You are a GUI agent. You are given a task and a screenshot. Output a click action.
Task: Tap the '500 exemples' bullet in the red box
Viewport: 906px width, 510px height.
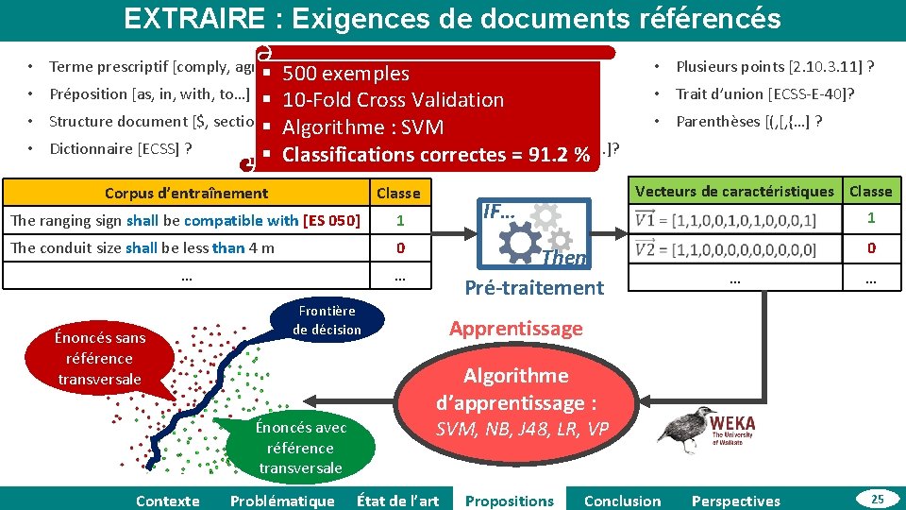tap(345, 74)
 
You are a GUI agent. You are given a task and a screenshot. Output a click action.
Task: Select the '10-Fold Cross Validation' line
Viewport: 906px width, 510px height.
tap(393, 100)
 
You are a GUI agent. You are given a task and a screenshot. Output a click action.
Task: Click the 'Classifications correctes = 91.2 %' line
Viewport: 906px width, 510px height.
tap(436, 154)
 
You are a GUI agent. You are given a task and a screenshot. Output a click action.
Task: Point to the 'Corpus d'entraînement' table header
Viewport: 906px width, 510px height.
tap(186, 194)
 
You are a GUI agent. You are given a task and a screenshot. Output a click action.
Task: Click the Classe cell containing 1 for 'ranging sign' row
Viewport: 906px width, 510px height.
tap(399, 221)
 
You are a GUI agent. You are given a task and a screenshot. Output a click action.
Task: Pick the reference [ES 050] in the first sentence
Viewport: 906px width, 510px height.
tap(331, 221)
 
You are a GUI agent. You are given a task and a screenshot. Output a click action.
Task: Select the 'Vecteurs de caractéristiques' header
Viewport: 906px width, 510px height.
tap(734, 192)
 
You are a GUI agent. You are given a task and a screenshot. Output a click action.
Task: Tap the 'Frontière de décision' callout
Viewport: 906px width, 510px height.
tap(327, 320)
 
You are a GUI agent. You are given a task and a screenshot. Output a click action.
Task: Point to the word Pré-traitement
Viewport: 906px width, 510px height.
tap(534, 288)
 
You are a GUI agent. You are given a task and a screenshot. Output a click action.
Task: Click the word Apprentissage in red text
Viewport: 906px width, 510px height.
tap(515, 329)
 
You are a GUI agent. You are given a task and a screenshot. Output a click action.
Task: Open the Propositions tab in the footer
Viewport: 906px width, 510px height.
tap(510, 501)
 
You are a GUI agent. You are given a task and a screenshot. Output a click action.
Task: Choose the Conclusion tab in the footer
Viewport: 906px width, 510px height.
tap(622, 501)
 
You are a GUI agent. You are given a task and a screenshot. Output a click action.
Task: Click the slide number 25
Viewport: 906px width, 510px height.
tap(877, 498)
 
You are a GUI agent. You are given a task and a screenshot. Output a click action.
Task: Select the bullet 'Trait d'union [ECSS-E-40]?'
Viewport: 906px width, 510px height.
tap(765, 93)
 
